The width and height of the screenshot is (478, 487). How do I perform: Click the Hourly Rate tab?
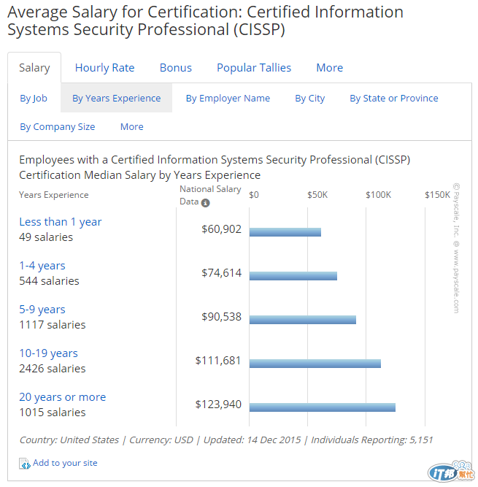[104, 68]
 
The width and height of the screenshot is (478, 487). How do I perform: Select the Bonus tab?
[175, 68]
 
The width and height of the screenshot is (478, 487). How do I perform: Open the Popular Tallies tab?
[253, 68]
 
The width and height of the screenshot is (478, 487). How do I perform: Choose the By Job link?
[34, 99]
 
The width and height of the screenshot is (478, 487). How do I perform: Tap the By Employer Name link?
[228, 99]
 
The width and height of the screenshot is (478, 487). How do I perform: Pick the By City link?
[309, 99]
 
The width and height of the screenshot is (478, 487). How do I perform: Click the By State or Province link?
[393, 99]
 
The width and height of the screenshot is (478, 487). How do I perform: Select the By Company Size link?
[58, 127]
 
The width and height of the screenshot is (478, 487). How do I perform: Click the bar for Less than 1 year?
[285, 232]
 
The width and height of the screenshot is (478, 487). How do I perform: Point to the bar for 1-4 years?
[293, 276]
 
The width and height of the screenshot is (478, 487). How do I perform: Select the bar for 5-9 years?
[302, 320]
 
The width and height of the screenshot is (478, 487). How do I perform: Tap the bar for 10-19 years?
[315, 364]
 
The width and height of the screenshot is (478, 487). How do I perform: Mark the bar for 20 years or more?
[322, 407]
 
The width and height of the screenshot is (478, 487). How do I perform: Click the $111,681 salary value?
[218, 361]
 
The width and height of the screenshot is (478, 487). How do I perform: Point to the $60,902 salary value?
[221, 229]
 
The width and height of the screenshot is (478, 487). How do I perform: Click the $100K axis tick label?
[379, 195]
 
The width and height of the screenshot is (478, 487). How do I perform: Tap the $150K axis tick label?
[437, 195]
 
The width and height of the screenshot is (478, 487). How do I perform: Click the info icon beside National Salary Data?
[206, 203]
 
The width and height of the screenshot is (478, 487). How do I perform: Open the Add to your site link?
[64, 463]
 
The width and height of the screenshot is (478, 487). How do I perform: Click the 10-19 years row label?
[48, 353]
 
